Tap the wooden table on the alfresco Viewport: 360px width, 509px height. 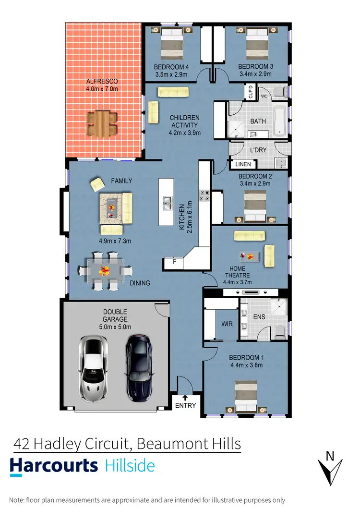(101, 123)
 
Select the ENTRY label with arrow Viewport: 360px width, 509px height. (185, 402)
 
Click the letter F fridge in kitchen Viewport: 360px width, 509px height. (168, 262)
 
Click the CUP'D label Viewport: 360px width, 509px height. (251, 91)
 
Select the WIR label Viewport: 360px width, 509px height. (227, 324)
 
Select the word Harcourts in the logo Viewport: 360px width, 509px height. (54, 466)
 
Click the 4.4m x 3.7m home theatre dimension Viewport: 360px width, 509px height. (238, 282)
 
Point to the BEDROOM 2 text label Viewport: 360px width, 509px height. (255, 176)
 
